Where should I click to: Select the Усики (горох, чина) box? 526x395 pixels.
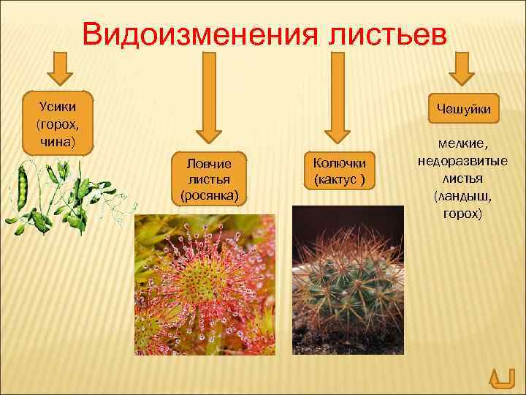[x=58, y=122]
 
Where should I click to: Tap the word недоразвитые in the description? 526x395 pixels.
[x=462, y=162]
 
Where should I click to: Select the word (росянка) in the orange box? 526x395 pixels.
[x=209, y=195]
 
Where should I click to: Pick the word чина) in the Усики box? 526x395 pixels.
[x=58, y=138]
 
